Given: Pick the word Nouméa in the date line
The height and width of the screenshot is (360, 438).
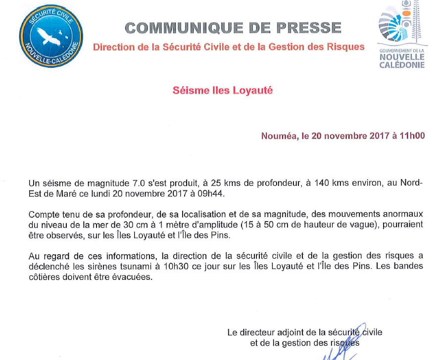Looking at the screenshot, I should tap(279, 136).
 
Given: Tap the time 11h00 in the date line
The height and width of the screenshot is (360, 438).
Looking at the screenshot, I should tap(412, 136).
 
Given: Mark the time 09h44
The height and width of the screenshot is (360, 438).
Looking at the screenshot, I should tap(212, 193).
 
